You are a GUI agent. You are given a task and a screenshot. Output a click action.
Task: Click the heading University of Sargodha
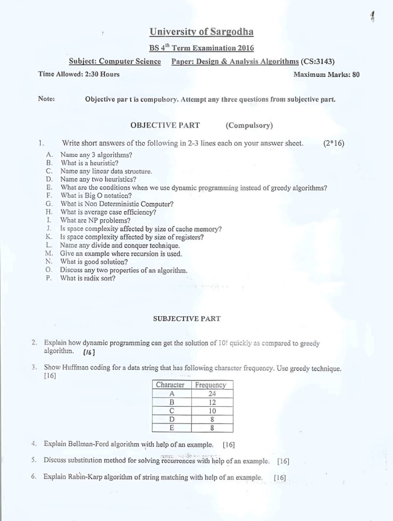tap(201, 32)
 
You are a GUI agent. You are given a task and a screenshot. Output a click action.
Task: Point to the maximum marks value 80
tap(356, 75)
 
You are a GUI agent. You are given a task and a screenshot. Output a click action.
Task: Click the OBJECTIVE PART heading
tap(165, 125)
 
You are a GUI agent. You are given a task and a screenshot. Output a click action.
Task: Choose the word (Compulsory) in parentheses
tap(249, 125)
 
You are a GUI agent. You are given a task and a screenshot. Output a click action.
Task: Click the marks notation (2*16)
tap(334, 143)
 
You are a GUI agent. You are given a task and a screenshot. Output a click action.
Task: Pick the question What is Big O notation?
tap(96, 196)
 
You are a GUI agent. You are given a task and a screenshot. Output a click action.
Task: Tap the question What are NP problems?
tap(91, 220)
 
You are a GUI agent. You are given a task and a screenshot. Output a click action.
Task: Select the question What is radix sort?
tap(88, 278)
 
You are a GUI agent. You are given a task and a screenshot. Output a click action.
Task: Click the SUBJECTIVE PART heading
tap(186, 319)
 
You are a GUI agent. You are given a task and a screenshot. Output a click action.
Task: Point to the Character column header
tap(170, 385)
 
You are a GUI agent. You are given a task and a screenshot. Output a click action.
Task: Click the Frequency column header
tap(211, 385)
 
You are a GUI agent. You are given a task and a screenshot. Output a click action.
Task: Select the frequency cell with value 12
tap(212, 402)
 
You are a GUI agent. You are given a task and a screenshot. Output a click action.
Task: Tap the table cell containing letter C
tap(172, 411)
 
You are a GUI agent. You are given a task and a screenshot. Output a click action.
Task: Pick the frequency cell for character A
tap(212, 394)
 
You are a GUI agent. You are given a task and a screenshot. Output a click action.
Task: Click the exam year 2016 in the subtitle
tap(245, 48)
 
